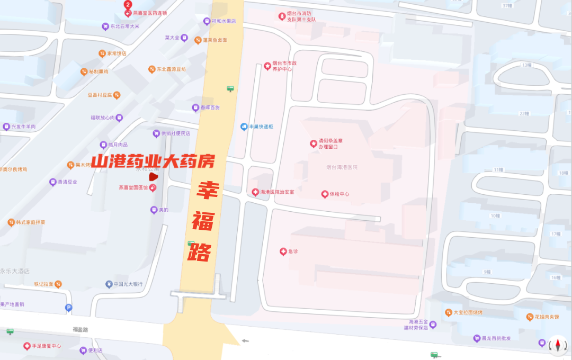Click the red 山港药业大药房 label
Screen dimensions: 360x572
point(153,161)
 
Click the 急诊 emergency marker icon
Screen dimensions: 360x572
point(283,251)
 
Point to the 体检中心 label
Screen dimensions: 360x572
point(339,194)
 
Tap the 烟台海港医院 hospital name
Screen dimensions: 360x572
point(342,167)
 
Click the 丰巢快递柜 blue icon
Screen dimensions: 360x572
point(244,127)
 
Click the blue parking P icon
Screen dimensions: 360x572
point(68,308)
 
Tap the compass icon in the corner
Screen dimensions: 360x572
point(557,345)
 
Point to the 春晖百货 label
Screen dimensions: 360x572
point(210,108)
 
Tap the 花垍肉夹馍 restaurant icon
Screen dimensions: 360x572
point(530,317)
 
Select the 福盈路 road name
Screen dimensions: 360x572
point(81,329)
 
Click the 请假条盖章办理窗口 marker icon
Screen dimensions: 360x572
point(313,143)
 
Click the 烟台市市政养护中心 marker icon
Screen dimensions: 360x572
point(267,66)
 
